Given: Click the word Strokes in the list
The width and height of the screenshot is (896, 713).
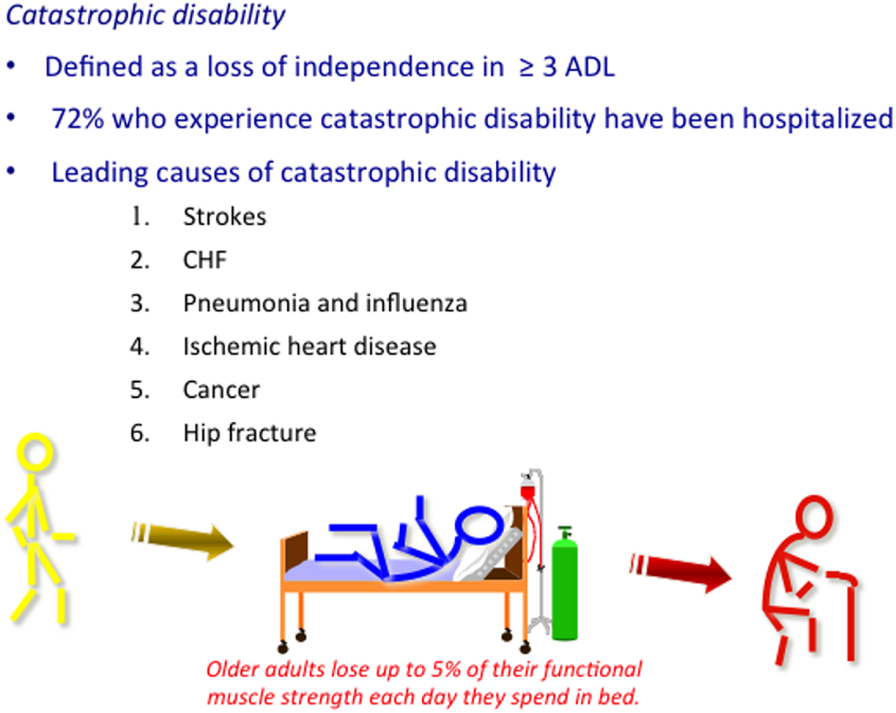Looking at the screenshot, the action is [224, 216].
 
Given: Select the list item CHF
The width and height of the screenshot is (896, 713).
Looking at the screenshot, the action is [205, 260].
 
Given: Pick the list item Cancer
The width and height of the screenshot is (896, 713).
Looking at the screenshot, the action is [221, 390].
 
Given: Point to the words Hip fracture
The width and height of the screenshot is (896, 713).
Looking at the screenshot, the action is [249, 433].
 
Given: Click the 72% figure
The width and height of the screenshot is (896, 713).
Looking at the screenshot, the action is [77, 118].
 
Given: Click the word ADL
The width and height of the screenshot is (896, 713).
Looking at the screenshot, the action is [589, 67].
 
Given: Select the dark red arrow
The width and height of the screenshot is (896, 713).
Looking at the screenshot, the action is [680, 571].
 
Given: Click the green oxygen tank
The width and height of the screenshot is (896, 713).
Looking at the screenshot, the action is [565, 585].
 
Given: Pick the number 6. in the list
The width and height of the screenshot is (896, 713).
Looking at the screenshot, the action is [140, 433].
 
